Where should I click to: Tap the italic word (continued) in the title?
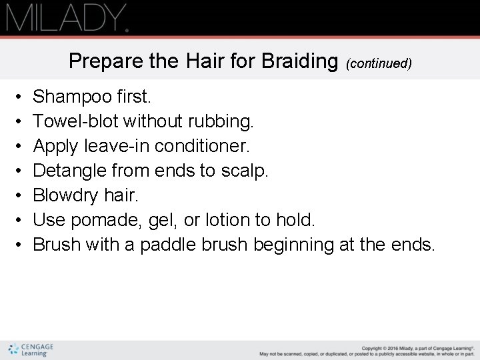coord(379,63)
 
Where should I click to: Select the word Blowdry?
coord(64,195)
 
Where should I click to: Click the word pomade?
coord(106,220)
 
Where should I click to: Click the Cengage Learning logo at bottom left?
coord(31,349)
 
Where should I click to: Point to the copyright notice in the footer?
coord(367,350)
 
